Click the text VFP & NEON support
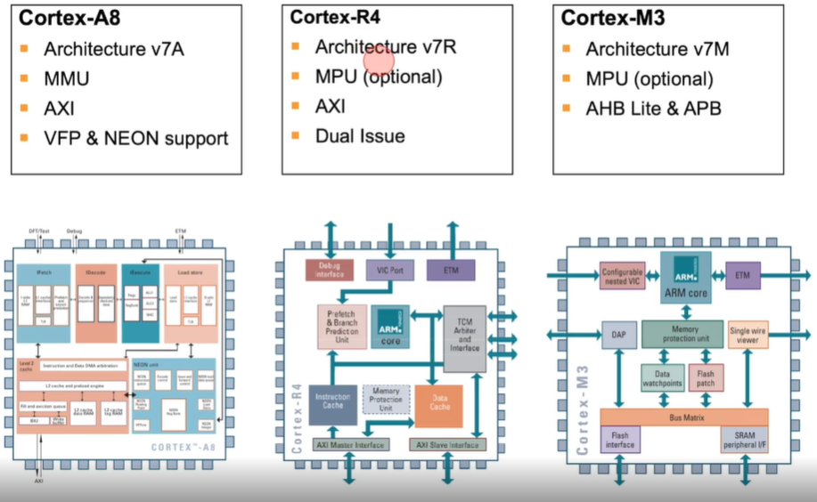(136, 138)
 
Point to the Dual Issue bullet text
(360, 136)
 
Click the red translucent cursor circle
(380, 60)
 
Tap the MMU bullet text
(67, 78)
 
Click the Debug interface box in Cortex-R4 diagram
(330, 270)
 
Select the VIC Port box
(390, 269)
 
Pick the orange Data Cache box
(438, 406)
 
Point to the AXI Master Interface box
(351, 444)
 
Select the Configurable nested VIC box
(622, 277)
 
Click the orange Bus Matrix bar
(684, 417)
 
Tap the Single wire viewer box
(748, 335)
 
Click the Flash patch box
(706, 377)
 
